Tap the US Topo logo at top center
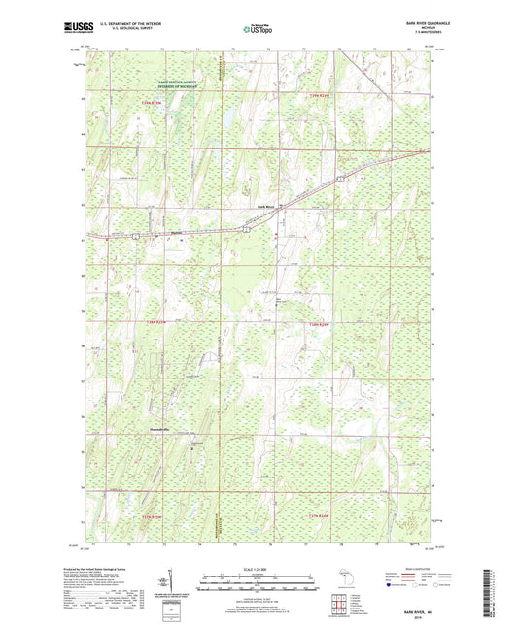256,30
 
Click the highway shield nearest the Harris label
137,236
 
